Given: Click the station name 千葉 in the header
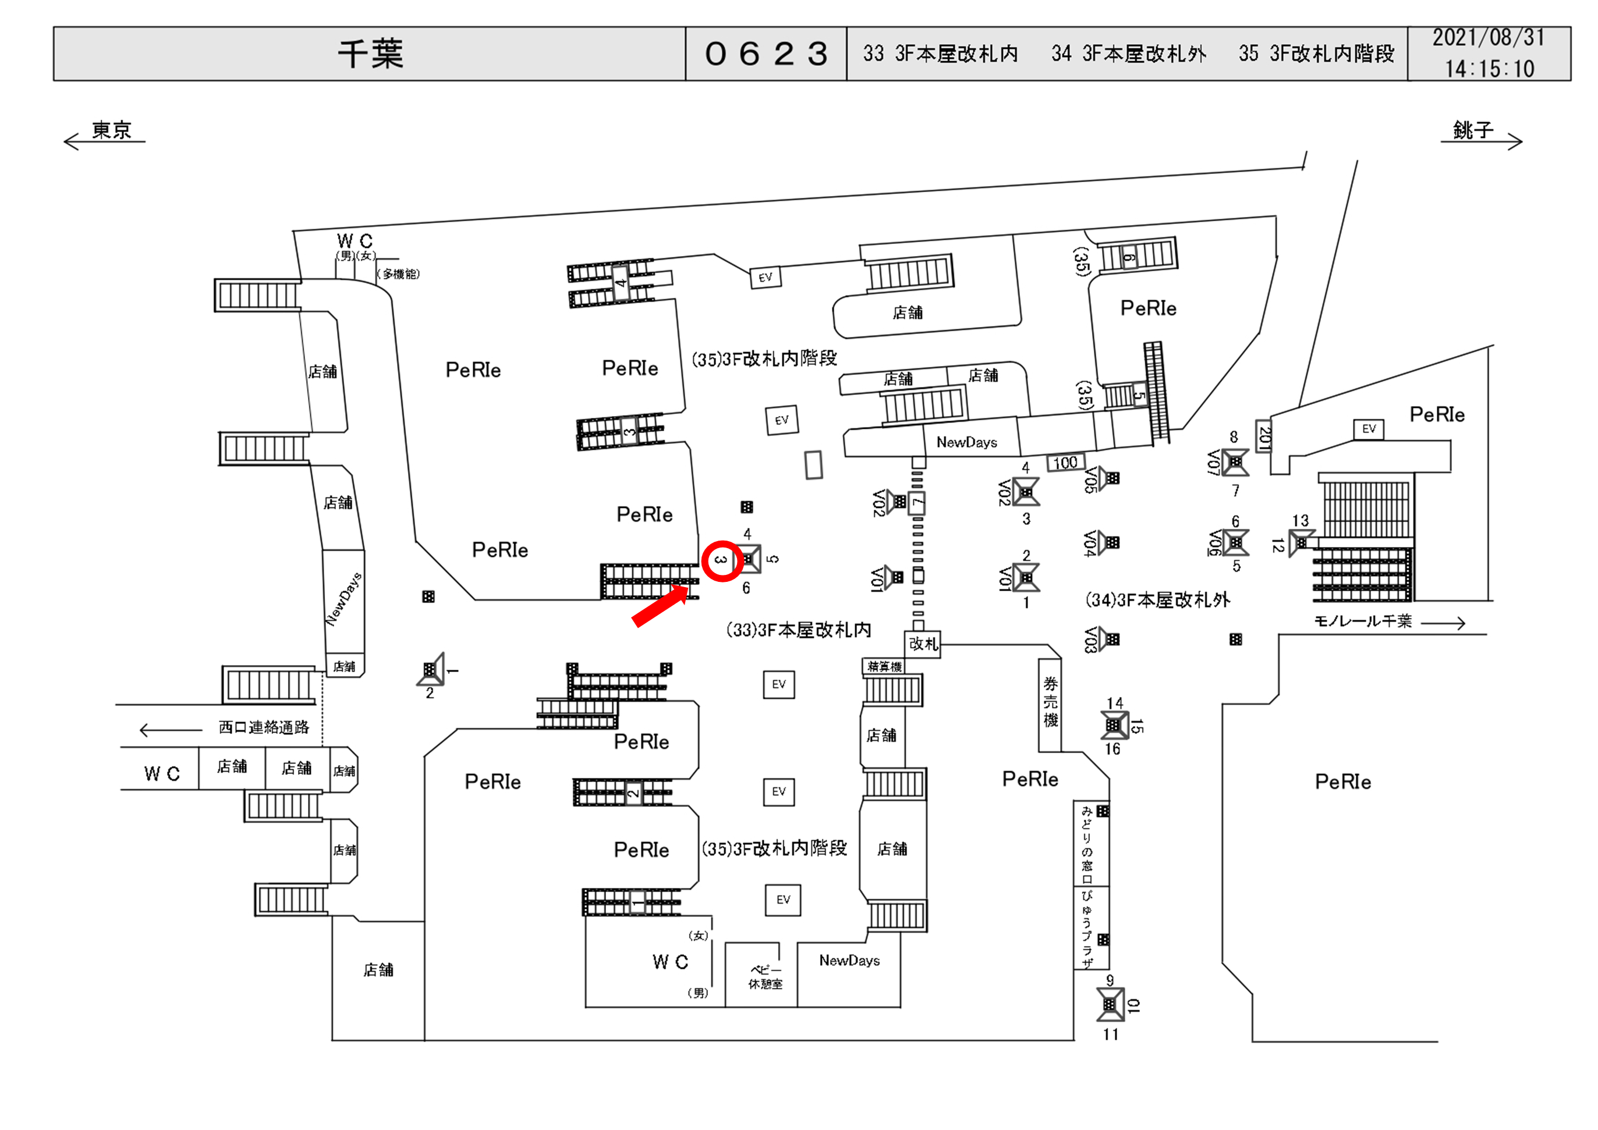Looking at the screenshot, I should click(x=370, y=54).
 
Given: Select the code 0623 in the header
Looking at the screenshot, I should click(x=766, y=54).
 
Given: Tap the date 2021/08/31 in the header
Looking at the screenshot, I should click(x=1488, y=38).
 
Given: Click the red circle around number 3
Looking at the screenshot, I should click(x=721, y=561).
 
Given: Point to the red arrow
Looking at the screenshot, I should click(x=660, y=607).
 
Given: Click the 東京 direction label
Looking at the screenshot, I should click(x=111, y=130).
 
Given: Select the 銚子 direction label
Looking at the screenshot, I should click(x=1473, y=130).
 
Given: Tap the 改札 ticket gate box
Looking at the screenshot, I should click(x=923, y=644).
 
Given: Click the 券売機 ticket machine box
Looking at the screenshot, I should click(x=1050, y=703).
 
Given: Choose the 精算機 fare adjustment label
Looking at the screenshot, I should click(x=884, y=667).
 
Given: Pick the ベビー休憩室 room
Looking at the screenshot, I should click(x=765, y=977).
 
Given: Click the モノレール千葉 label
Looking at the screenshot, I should click(x=1362, y=621).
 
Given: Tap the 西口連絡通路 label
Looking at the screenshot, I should click(x=264, y=727).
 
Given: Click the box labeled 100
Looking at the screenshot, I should click(x=1065, y=463).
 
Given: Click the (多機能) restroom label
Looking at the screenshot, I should click(x=398, y=274).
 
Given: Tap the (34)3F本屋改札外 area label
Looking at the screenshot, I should click(x=1157, y=600).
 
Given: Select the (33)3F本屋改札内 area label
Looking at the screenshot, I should click(x=798, y=630).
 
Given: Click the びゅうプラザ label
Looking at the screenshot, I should click(x=1087, y=928).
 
